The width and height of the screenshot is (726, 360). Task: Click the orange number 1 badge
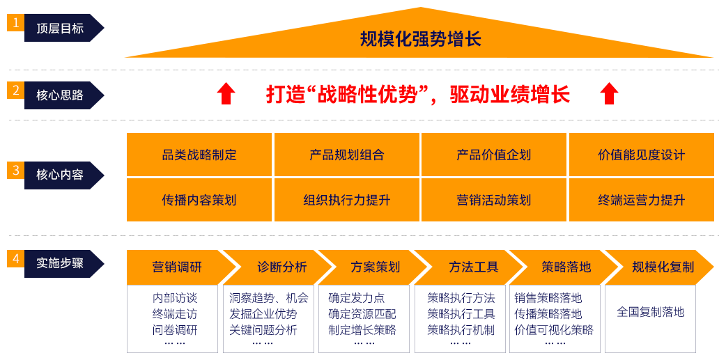15,22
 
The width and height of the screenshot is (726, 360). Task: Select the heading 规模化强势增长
420,39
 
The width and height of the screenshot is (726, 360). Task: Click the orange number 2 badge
15,90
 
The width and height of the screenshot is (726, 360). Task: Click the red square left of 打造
226,93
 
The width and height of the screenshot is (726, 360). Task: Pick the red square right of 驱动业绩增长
609,93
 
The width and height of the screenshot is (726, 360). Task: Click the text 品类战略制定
199,155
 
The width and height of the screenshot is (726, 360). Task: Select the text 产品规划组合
347,155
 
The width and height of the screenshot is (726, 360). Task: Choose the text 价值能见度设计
642,155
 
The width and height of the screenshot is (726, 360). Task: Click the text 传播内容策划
199,200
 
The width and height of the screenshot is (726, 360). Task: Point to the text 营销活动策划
494,200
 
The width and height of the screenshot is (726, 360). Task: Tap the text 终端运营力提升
642,200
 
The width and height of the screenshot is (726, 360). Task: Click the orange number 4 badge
15,259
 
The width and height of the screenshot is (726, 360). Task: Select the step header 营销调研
177,267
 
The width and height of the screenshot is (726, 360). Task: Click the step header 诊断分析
282,267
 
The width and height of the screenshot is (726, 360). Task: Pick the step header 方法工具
474,267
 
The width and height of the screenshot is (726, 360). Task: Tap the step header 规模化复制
663,267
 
